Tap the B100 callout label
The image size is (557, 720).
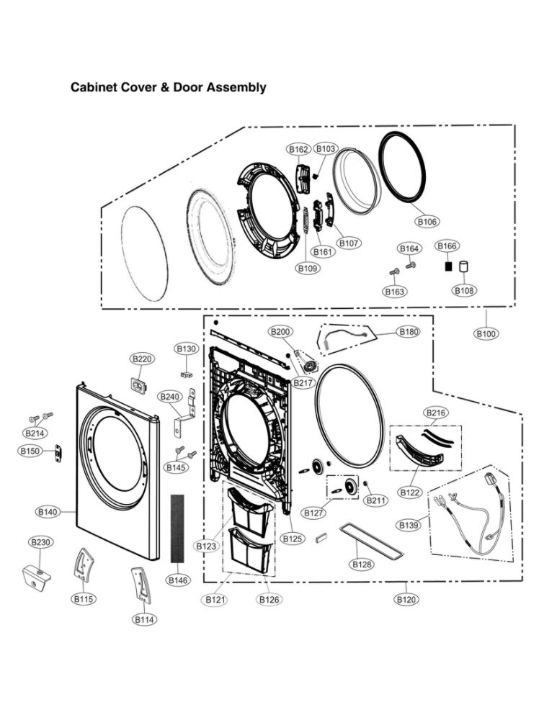click(x=486, y=333)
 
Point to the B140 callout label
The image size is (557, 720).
click(x=47, y=512)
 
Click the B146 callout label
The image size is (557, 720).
click(x=178, y=580)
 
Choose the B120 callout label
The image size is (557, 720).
click(x=406, y=599)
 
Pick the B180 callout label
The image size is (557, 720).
click(x=408, y=332)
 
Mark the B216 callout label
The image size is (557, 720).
click(x=436, y=413)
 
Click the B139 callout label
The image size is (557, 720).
click(x=408, y=525)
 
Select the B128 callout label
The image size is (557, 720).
click(x=362, y=564)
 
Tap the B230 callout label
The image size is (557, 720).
click(x=40, y=541)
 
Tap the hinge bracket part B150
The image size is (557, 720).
click(x=58, y=451)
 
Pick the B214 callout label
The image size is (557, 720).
click(x=34, y=433)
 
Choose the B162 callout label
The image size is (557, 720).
click(x=298, y=149)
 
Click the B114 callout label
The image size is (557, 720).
click(x=145, y=619)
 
